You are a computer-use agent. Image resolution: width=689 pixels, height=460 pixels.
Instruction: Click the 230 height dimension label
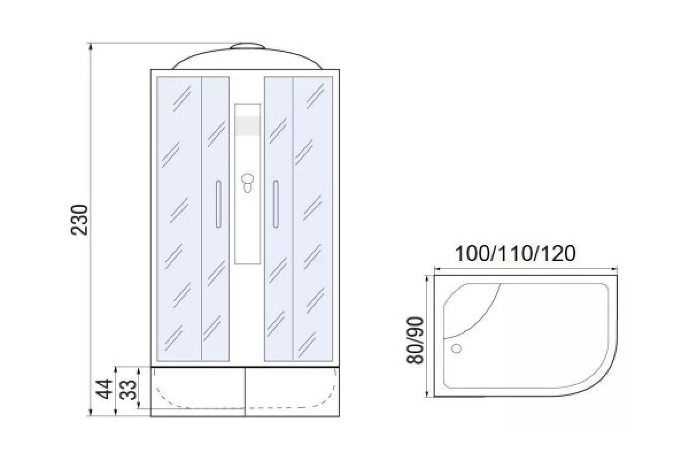pos(80,220)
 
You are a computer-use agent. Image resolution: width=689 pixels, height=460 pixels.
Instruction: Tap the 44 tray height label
pos(104,389)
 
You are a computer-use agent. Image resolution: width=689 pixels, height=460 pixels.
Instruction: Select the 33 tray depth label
pos(127,390)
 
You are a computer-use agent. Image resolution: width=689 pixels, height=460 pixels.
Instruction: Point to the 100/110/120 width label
pos(515,254)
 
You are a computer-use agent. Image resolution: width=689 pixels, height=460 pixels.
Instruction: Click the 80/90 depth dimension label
pos(415,340)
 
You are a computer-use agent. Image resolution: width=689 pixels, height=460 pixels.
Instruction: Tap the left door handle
pos(218,204)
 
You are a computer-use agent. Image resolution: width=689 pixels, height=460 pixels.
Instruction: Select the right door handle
pos(276,204)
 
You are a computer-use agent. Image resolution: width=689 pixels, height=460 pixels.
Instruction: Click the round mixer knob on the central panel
pos(247,179)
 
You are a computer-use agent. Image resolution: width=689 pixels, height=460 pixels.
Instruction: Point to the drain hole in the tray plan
pos(456,348)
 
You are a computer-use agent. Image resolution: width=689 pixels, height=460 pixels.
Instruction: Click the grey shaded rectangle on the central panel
pos(247,126)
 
